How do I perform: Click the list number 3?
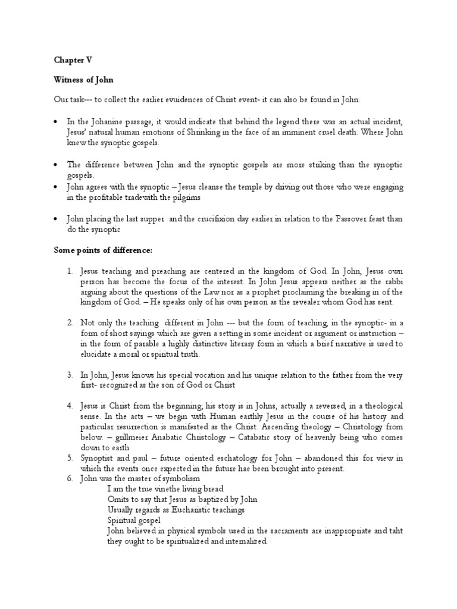point(70,375)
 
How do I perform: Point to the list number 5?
point(70,459)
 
